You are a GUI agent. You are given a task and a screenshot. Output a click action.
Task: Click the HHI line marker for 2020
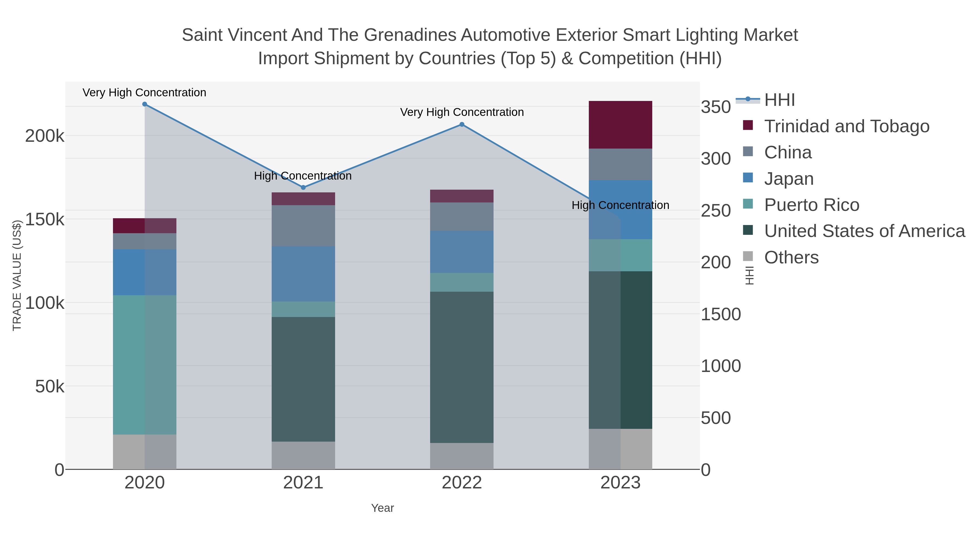(145, 104)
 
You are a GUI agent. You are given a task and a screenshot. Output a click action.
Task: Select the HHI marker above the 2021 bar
(303, 187)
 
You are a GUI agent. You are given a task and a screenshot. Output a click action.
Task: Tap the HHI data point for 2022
(462, 124)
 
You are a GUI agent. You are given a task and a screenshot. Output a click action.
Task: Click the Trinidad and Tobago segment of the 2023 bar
(620, 125)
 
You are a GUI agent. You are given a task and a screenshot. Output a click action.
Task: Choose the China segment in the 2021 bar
(303, 226)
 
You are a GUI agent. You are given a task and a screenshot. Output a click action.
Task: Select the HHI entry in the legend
(779, 100)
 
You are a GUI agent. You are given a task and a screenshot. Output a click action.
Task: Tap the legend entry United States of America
(864, 231)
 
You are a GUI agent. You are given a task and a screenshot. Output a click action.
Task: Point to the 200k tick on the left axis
(45, 136)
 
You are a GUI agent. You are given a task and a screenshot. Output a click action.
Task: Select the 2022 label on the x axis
(462, 483)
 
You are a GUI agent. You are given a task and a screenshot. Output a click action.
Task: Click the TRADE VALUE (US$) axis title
(17, 275)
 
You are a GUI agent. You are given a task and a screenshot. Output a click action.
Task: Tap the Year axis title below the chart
(382, 508)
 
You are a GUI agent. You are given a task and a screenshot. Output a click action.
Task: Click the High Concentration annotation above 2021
(303, 176)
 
